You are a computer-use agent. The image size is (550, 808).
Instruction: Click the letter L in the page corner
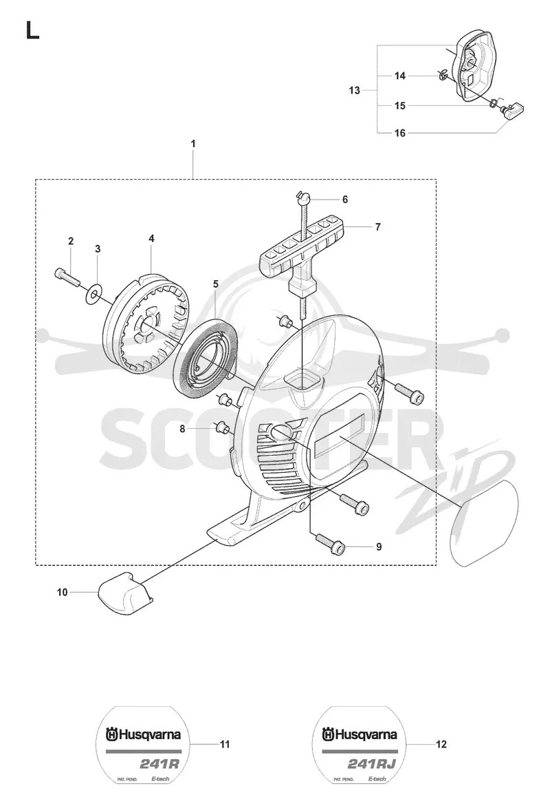[x=32, y=30]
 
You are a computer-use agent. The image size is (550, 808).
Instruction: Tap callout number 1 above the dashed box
[x=193, y=144]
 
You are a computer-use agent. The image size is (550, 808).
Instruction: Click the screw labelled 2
[x=65, y=277]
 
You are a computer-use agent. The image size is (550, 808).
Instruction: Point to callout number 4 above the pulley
[x=151, y=239]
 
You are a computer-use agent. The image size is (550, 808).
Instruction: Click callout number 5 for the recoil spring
[x=216, y=284]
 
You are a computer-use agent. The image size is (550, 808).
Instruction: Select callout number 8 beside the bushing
[x=182, y=428]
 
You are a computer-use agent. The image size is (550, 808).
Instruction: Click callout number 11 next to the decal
[x=225, y=744]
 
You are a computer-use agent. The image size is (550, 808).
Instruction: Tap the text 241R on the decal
[x=159, y=764]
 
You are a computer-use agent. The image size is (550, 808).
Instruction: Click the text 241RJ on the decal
[x=372, y=764]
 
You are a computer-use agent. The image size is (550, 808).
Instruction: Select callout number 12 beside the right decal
[x=441, y=744]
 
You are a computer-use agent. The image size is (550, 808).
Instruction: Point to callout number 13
[x=354, y=91]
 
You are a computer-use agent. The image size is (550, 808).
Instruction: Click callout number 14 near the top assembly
[x=400, y=76]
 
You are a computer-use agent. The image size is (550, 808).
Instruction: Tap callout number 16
[x=400, y=133]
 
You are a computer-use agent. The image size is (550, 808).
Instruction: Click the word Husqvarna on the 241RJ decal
[x=366, y=734]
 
